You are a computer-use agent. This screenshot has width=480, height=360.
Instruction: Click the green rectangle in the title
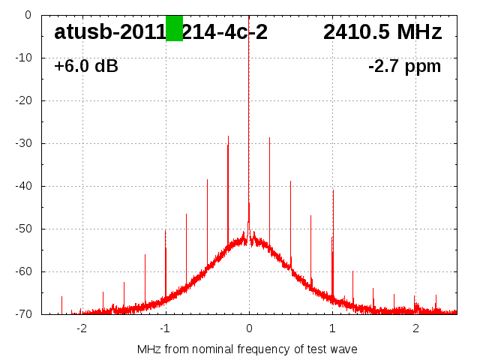click(x=174, y=28)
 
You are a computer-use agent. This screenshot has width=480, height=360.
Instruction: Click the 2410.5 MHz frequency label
click(x=382, y=32)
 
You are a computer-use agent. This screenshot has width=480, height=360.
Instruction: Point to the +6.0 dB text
click(x=85, y=67)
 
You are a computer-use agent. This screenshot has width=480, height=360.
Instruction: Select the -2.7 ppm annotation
click(x=404, y=67)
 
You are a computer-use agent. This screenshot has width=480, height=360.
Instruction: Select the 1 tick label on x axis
click(x=332, y=328)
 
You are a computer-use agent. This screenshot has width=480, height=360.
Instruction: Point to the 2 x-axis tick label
click(x=415, y=328)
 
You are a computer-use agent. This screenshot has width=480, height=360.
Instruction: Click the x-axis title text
click(x=247, y=349)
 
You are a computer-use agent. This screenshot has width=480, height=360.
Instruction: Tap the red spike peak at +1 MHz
click(x=333, y=192)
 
